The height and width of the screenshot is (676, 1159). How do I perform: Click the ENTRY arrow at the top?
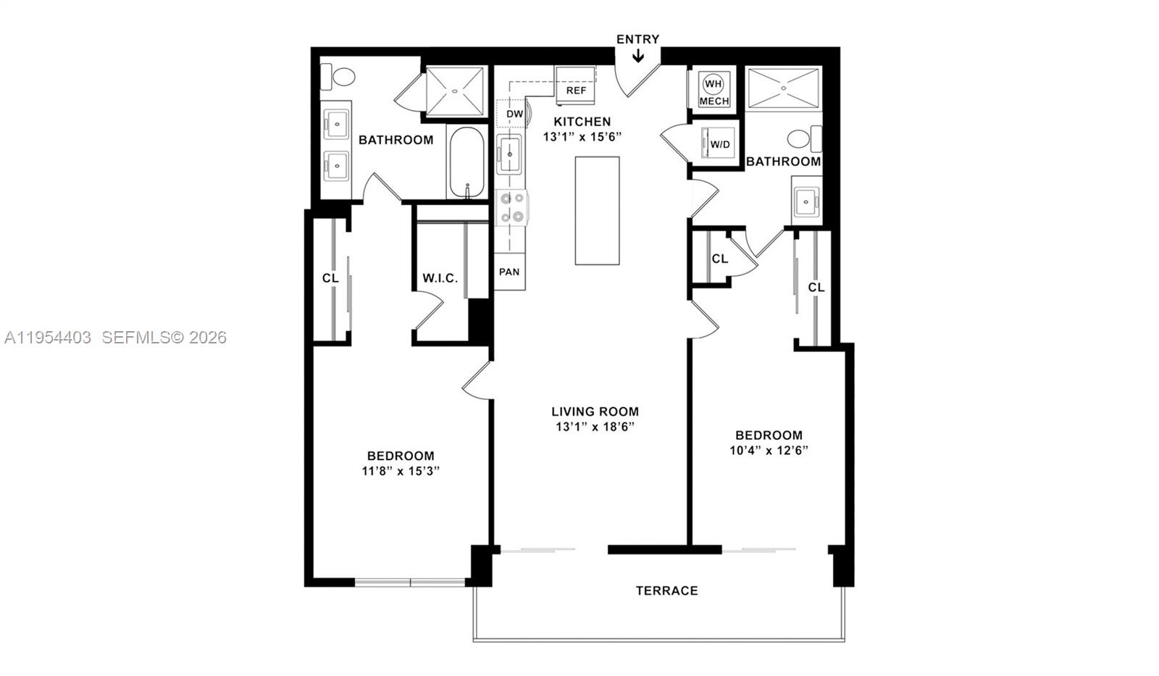coord(638,55)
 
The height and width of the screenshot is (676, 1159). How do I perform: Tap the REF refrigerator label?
coord(576,91)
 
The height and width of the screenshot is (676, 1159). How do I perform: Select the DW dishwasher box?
coord(514,114)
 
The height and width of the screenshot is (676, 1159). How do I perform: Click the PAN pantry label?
coord(509,272)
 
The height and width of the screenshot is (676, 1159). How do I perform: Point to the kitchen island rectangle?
coord(597,210)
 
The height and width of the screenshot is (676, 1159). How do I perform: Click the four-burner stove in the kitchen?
coord(512,207)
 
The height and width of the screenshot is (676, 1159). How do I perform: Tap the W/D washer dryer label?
coord(719,144)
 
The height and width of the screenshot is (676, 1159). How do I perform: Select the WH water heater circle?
coord(713,84)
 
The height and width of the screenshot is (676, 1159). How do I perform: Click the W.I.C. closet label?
coord(440,278)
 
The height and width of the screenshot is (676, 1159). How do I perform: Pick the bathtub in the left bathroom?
coord(468,162)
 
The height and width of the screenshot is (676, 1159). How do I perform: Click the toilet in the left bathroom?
coord(340,75)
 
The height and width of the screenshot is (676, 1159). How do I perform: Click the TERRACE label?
coord(666,591)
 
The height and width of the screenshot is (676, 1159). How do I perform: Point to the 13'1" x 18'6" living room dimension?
coord(595,427)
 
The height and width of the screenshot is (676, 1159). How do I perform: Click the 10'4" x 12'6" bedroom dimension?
coord(769,450)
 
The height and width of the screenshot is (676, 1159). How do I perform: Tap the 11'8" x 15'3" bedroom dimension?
coord(401,471)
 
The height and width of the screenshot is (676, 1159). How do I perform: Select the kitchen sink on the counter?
coord(509,154)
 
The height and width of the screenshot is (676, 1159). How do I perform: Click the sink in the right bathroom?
coord(806,201)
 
